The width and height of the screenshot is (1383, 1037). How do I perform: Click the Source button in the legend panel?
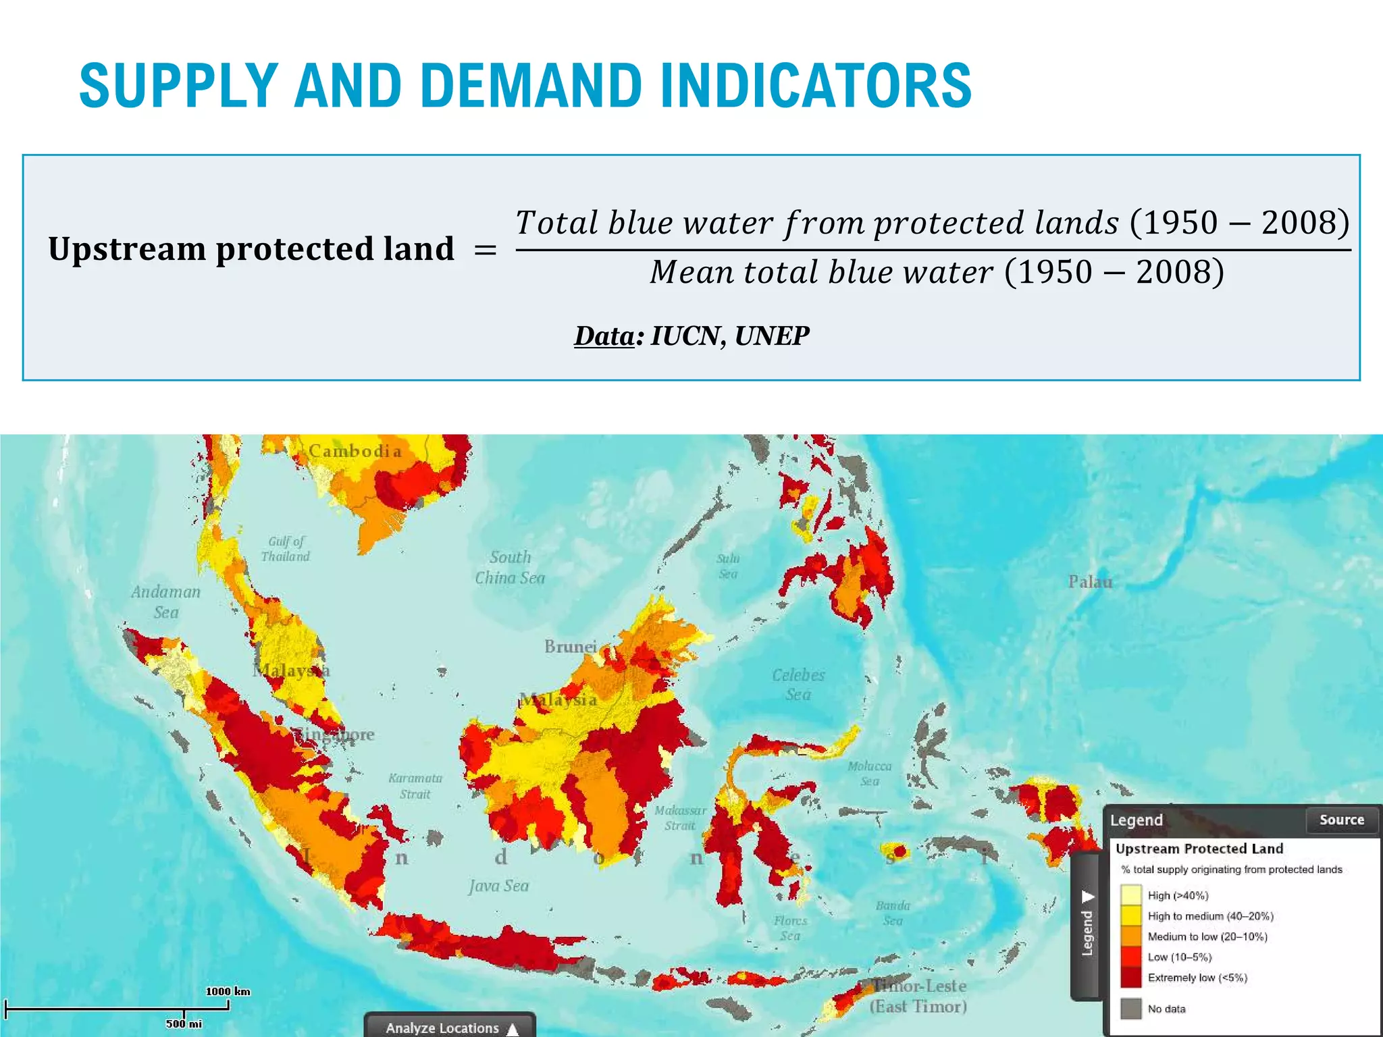point(1341,820)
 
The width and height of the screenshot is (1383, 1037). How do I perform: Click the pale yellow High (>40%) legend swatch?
point(1130,895)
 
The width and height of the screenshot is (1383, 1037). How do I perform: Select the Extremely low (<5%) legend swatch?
point(1130,978)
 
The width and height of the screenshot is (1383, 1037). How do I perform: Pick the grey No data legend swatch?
point(1130,1009)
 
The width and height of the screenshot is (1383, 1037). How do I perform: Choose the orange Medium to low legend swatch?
point(1130,936)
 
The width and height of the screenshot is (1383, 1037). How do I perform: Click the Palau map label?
point(1090,582)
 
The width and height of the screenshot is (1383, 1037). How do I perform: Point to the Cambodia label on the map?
point(355,451)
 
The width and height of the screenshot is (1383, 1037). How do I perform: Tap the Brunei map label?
point(571,647)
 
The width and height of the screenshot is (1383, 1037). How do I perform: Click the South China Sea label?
point(510,567)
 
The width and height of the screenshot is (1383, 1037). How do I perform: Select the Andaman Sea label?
point(165,602)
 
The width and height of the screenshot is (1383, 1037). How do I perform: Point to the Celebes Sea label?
point(798,684)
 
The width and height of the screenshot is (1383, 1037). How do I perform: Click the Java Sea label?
point(499,886)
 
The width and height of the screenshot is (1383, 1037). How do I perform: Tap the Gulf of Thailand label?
point(286,548)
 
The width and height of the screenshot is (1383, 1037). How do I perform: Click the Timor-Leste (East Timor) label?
point(918,996)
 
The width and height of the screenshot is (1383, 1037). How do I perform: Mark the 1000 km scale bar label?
point(228,991)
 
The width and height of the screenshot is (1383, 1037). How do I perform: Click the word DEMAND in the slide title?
point(531,86)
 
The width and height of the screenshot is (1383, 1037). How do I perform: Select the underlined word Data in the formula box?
point(604,336)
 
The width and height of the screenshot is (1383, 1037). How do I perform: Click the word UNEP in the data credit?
point(771,336)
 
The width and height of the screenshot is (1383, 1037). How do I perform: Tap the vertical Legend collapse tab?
point(1087,925)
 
